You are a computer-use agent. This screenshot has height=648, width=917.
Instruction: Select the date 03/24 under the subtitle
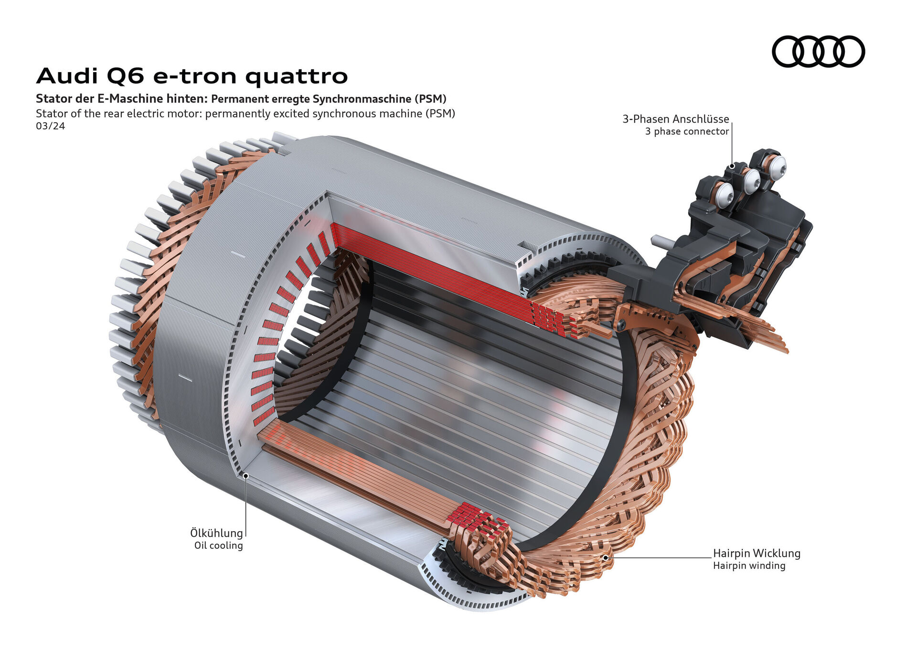pyautogui.click(x=50, y=126)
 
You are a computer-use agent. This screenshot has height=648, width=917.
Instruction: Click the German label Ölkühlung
pyautogui.click(x=216, y=533)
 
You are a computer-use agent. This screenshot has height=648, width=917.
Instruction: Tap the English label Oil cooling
pyautogui.click(x=218, y=545)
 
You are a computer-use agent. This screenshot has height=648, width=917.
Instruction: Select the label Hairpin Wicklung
pyautogui.click(x=757, y=554)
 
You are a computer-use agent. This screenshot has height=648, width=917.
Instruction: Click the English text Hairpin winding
pyautogui.click(x=749, y=566)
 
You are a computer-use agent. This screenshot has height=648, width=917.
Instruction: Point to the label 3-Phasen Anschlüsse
pyautogui.click(x=675, y=119)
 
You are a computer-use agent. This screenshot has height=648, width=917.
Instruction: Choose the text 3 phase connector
pyautogui.click(x=687, y=132)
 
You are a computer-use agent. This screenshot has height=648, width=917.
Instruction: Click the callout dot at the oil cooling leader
pyautogui.click(x=245, y=475)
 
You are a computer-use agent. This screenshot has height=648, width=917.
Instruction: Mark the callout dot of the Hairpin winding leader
pyautogui.click(x=605, y=557)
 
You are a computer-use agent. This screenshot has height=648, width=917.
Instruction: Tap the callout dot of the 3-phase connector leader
pyautogui.click(x=732, y=167)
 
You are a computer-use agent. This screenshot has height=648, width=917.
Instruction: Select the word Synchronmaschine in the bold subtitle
pyautogui.click(x=362, y=99)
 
